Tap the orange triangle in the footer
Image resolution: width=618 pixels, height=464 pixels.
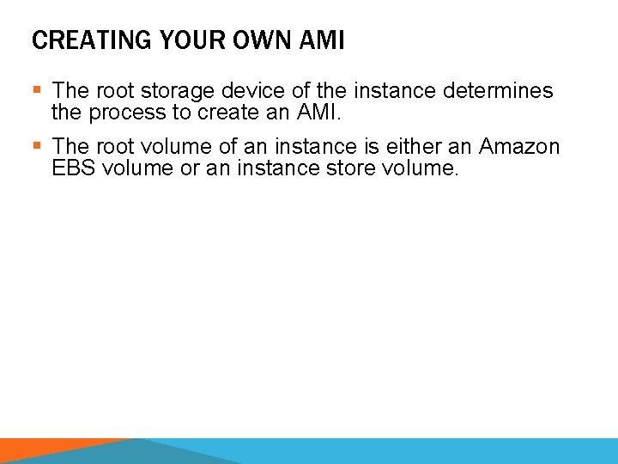point(51,452)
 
